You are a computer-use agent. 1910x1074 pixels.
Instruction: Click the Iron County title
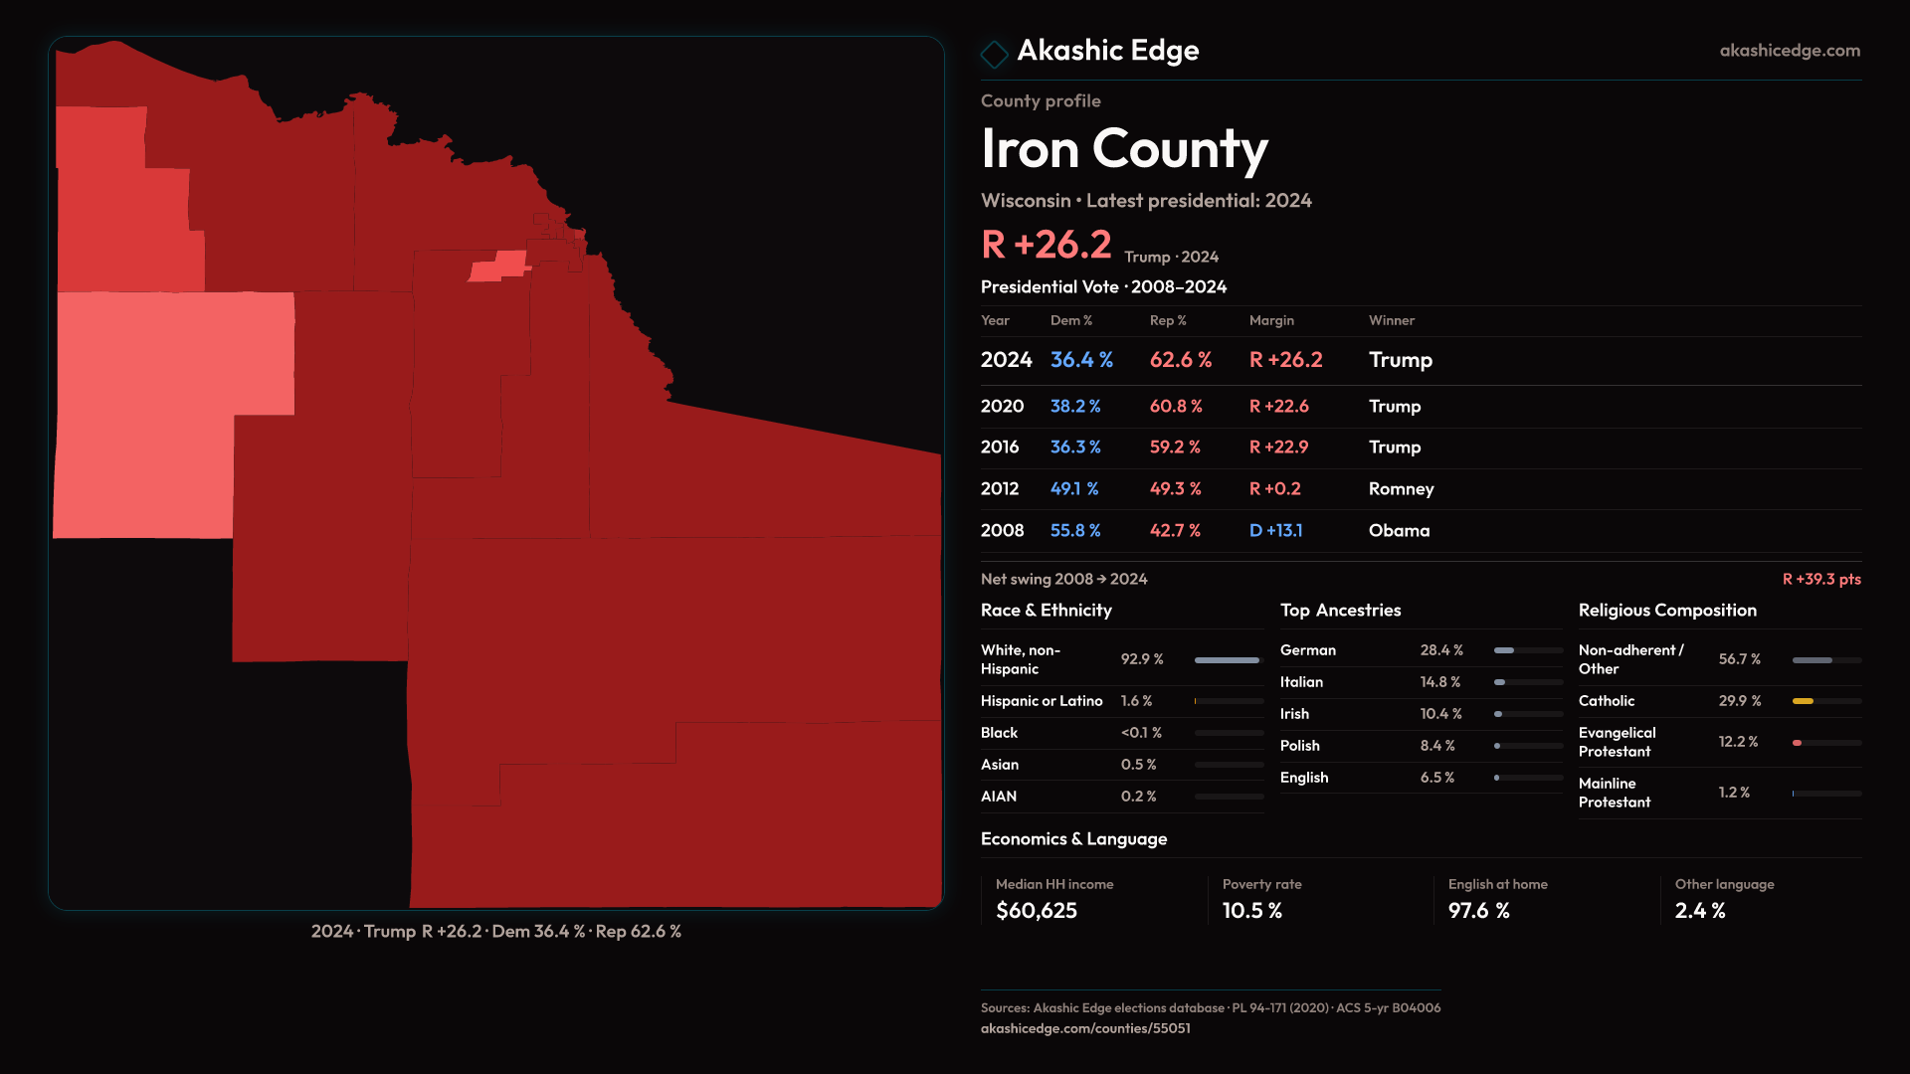[1124, 149]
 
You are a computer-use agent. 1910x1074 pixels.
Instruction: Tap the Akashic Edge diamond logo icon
[994, 54]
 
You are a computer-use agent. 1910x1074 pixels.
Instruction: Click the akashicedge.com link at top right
[1790, 51]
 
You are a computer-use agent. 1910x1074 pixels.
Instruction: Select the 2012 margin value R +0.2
[1275, 489]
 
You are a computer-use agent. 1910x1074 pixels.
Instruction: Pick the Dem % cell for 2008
[1075, 531]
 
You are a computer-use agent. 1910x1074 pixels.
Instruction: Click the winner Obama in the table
[1399, 531]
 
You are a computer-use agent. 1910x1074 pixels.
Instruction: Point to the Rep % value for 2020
[1176, 407]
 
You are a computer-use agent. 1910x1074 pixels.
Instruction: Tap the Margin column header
[1271, 320]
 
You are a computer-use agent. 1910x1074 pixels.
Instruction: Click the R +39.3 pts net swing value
[1821, 579]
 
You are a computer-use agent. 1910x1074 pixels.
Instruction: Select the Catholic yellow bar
[1803, 701]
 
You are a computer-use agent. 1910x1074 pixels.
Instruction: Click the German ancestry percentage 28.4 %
[1441, 650]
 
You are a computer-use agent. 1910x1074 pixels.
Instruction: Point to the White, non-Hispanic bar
[1227, 660]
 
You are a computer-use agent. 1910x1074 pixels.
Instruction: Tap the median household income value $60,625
[1037, 911]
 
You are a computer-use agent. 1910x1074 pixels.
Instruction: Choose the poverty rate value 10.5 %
[1252, 911]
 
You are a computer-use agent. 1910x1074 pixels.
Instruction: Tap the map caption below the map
[495, 932]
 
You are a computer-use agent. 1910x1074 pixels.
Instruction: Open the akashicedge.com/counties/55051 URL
[1085, 1028]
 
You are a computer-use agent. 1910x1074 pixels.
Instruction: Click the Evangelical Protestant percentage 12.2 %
[1738, 742]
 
